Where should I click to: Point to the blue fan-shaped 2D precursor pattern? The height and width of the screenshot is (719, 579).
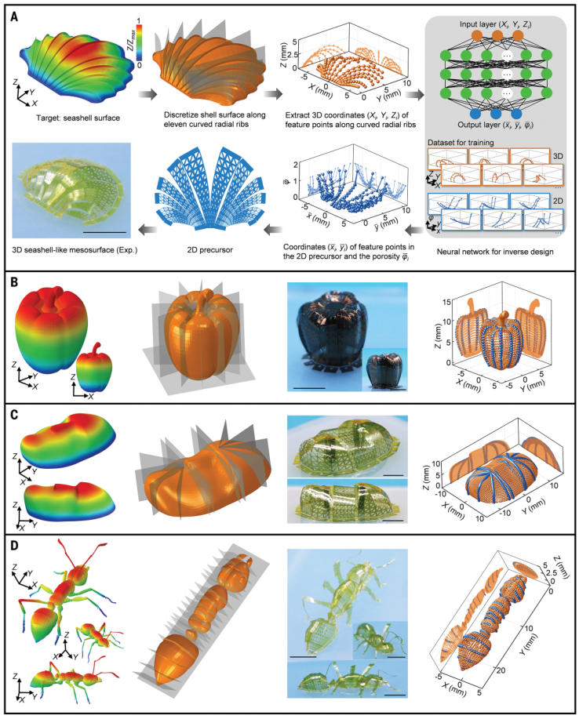pyautogui.click(x=209, y=188)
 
